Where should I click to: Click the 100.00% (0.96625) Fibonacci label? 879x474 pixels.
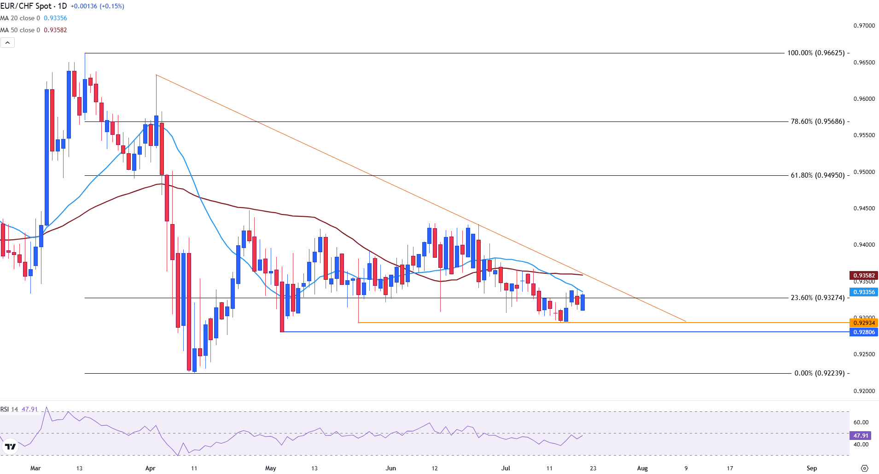(816, 53)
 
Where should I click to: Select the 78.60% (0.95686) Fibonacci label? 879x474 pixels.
(817, 121)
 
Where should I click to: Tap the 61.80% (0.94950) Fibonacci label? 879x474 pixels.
(817, 175)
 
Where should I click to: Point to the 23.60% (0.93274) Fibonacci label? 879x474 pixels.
(817, 298)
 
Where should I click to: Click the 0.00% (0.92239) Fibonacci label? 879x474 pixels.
(819, 373)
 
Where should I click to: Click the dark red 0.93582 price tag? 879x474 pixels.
(863, 276)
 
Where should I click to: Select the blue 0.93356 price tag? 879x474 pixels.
(863, 292)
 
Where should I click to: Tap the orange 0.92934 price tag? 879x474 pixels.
(863, 323)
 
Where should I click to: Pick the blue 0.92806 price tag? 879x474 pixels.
(863, 332)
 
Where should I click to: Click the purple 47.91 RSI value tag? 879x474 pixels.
(860, 435)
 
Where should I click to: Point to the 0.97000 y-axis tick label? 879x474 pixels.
(864, 26)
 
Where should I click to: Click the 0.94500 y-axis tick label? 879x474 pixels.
(864, 208)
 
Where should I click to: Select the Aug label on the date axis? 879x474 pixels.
(642, 468)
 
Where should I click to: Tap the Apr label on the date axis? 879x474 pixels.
(150, 468)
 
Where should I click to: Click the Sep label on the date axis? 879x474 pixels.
(811, 468)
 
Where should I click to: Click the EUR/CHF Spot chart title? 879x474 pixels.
(33, 6)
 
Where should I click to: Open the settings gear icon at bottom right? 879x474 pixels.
(864, 468)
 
